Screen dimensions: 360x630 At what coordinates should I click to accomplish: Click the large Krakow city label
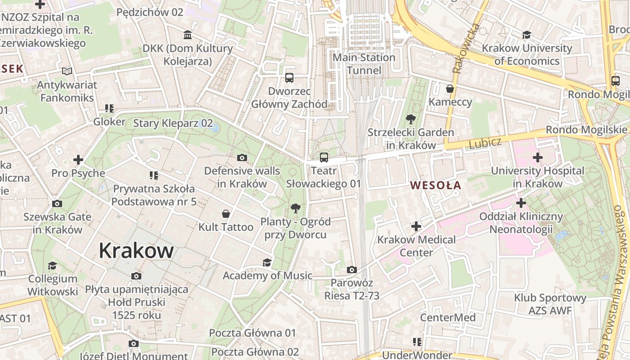tap(136, 251)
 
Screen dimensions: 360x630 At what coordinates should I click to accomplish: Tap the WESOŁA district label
tap(436, 185)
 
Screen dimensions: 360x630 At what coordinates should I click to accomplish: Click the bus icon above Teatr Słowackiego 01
tap(324, 157)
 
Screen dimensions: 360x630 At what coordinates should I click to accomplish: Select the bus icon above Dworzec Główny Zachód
tap(289, 78)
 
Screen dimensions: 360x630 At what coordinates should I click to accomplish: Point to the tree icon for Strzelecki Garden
tap(410, 119)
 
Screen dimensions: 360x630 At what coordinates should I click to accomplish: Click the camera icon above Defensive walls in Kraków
tap(242, 157)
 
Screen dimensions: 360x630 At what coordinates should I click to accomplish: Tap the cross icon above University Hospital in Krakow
tap(537, 157)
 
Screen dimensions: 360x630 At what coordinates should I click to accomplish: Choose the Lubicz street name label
tap(485, 144)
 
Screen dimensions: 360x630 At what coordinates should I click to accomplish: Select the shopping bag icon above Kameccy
tap(450, 89)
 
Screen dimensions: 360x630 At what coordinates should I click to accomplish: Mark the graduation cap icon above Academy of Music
tap(267, 262)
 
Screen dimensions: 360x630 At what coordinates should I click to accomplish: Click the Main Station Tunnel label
tap(364, 64)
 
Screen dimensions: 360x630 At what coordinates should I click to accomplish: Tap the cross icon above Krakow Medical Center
tap(416, 226)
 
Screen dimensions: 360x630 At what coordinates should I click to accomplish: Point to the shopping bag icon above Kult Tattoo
tap(226, 214)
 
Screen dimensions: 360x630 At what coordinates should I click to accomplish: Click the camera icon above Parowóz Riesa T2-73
tap(352, 270)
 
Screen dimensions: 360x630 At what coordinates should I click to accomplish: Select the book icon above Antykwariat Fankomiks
tap(67, 72)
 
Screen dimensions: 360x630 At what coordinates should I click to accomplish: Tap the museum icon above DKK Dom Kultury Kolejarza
tap(188, 35)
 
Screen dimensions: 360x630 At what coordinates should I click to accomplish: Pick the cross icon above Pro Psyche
tap(78, 160)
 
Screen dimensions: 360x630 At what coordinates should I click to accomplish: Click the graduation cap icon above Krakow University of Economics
tap(526, 35)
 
